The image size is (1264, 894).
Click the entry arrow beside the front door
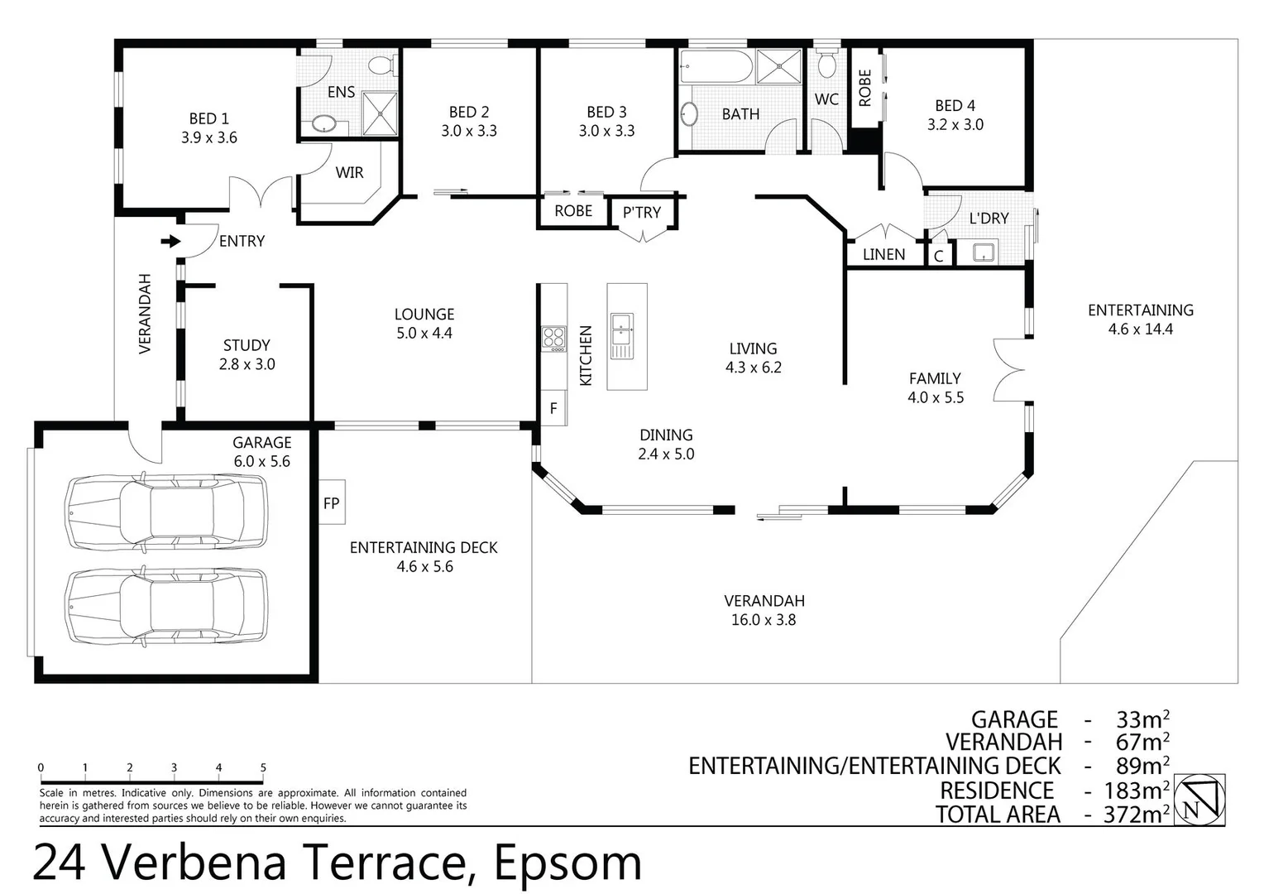pyautogui.click(x=170, y=242)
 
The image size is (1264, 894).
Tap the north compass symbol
pyautogui.click(x=1199, y=800)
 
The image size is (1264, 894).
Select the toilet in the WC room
pyautogui.click(x=826, y=63)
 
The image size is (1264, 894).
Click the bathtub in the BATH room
pyautogui.click(x=716, y=67)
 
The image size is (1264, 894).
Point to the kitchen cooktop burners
pyautogui.click(x=553, y=339)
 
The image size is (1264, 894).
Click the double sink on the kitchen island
pyautogui.click(x=622, y=336)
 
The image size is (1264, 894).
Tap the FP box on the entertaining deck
pyautogui.click(x=331, y=502)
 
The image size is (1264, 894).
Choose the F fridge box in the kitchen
pyautogui.click(x=553, y=408)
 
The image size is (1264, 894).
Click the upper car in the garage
pyautogui.click(x=165, y=512)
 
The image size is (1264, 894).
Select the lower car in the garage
pyautogui.click(x=165, y=606)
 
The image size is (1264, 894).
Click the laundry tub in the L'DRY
pyautogui.click(x=984, y=252)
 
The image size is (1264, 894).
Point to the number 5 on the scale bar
pyautogui.click(x=263, y=767)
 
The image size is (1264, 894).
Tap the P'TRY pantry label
pyautogui.click(x=642, y=213)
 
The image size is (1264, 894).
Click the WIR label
pyautogui.click(x=349, y=172)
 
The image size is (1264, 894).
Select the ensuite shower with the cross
pyautogui.click(x=380, y=113)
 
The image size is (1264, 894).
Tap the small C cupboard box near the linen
pyautogui.click(x=939, y=256)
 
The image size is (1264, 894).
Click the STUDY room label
pyautogui.click(x=247, y=345)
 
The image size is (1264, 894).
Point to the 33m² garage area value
pyautogui.click(x=1143, y=719)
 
